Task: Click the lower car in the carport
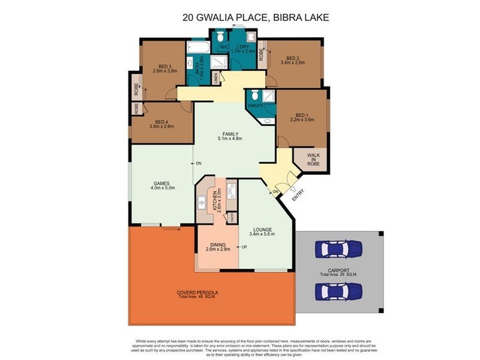pyautogui.click(x=338, y=291)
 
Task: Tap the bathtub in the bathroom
pyautogui.click(x=198, y=47)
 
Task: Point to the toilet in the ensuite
pyautogui.click(x=255, y=95)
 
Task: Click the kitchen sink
pyautogui.click(x=202, y=202)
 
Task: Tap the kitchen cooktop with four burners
pyautogui.click(x=232, y=191)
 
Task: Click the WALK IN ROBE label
pyautogui.click(x=313, y=160)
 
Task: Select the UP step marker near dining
pyautogui.click(x=244, y=247)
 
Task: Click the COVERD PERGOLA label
pyautogui.click(x=197, y=293)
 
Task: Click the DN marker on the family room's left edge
pyautogui.click(x=198, y=163)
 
